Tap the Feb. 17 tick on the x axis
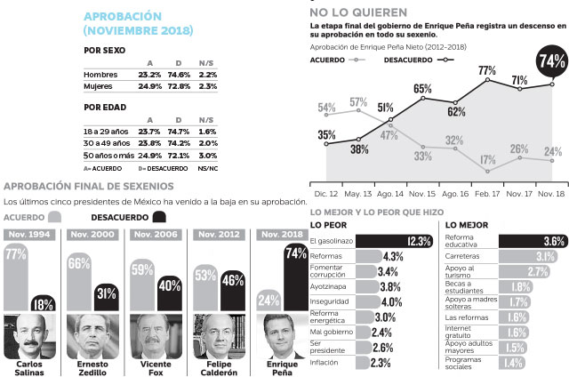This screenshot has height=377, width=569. tap(487, 192)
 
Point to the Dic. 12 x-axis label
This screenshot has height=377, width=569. tap(326, 192)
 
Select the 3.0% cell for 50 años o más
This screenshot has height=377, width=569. tap(208, 155)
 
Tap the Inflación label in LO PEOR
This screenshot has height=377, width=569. tap(325, 363)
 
